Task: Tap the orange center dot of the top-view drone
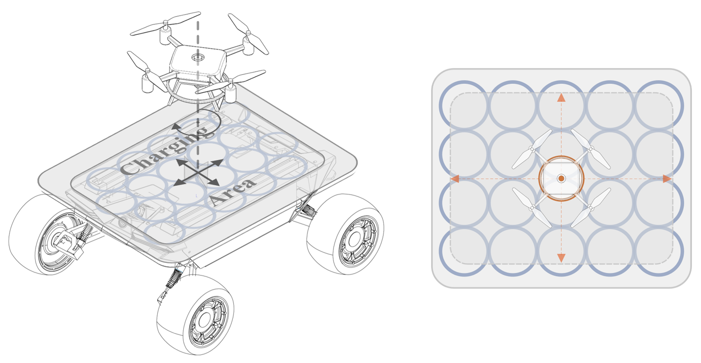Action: [561, 179]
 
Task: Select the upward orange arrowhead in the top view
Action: [561, 98]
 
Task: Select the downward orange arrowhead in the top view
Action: [561, 258]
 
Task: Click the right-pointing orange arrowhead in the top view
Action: [667, 179]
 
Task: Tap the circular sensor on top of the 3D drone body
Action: [198, 57]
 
